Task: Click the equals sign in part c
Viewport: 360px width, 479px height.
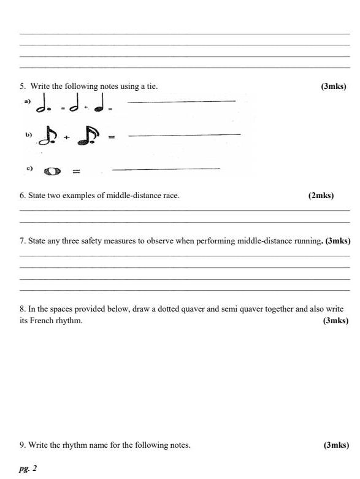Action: pos(77,171)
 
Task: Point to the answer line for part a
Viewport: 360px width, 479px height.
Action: pos(183,101)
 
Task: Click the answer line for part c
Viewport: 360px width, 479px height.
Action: pos(166,168)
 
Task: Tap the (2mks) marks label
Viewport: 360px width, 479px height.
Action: pos(321,196)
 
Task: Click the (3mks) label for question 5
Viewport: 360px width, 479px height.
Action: pos(334,86)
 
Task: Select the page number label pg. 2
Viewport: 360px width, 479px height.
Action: pos(28,468)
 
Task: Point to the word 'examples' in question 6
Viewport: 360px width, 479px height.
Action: pos(75,196)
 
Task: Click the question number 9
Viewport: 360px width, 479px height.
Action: pos(23,445)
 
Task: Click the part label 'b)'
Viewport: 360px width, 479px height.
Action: pos(28,133)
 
